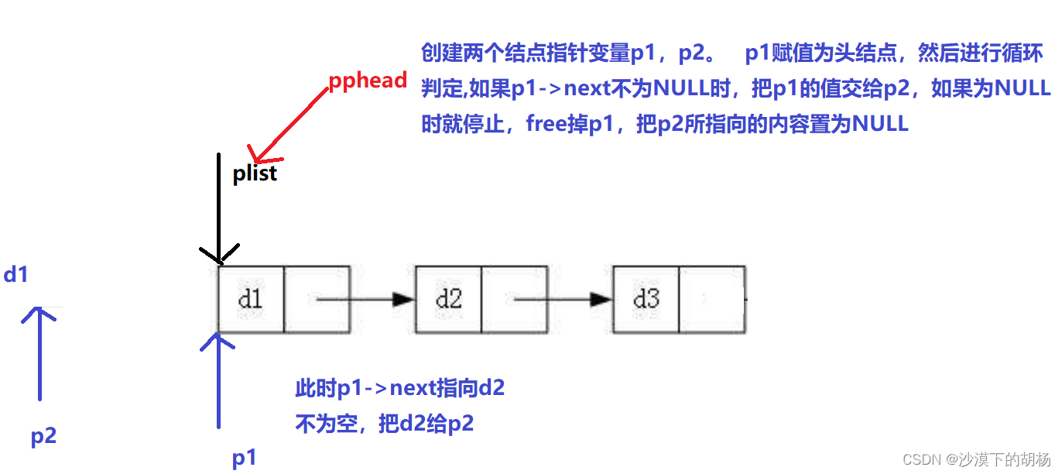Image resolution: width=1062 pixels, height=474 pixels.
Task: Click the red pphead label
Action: click(368, 81)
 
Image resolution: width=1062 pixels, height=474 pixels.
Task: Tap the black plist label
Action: click(255, 173)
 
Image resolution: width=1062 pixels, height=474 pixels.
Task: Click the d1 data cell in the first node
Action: click(251, 300)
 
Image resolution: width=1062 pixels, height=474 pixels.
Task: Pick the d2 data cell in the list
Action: click(448, 300)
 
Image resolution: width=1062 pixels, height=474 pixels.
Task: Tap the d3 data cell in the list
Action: click(646, 300)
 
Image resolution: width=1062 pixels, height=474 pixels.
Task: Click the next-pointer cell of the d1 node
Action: click(317, 300)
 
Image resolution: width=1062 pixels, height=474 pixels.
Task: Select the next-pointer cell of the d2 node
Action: click(514, 300)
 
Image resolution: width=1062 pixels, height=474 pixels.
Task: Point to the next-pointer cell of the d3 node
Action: click(711, 300)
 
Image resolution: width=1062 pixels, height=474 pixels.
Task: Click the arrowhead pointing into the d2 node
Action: click(403, 300)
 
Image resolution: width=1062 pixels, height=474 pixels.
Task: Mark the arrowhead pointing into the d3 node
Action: click(601, 300)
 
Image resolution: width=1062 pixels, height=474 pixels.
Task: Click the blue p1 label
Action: click(244, 458)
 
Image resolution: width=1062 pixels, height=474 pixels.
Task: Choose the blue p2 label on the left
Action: click(43, 436)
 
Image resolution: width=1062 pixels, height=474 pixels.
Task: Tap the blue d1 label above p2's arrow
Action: click(15, 274)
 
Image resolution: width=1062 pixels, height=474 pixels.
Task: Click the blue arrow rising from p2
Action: click(39, 352)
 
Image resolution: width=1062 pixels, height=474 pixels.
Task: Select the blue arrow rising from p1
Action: click(219, 380)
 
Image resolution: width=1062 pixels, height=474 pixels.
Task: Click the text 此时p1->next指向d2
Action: click(399, 388)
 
